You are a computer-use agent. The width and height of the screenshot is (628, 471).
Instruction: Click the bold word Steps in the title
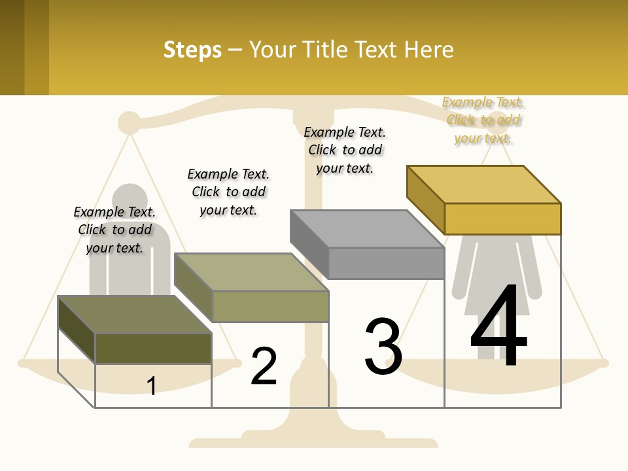point(192,50)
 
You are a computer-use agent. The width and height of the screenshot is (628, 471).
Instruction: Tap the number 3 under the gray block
point(383,346)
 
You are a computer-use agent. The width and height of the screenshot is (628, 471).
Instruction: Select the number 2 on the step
point(264,366)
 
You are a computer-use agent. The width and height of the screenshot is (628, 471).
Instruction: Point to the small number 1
point(152,386)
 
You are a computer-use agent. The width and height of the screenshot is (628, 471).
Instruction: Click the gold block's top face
point(483,184)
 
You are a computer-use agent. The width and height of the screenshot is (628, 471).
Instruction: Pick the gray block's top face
point(366,229)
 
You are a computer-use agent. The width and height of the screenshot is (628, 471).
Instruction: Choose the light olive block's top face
point(251,272)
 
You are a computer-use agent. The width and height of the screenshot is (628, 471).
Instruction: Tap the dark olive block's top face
point(134,315)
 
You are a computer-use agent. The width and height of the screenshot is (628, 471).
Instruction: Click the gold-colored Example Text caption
point(483,120)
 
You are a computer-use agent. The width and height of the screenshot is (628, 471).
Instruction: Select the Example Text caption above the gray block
point(345,150)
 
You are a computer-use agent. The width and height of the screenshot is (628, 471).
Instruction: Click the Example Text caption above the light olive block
point(228,192)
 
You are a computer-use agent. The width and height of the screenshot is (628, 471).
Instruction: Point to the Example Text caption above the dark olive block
point(114,230)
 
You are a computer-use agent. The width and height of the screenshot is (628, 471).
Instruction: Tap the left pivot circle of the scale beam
point(129,122)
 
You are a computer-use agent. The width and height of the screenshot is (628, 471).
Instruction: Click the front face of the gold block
point(502,218)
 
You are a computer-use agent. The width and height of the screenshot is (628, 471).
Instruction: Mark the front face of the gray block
point(386,263)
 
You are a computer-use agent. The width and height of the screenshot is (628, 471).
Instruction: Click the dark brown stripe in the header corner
point(12,47)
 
